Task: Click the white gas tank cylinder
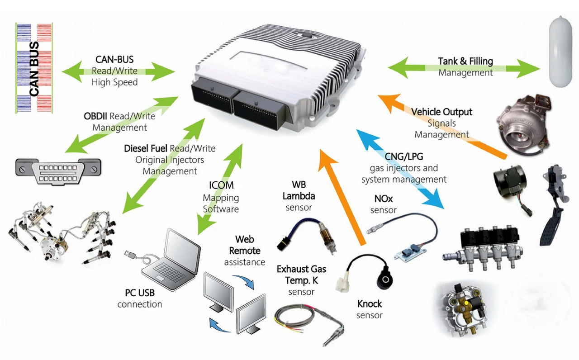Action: (x=560, y=52)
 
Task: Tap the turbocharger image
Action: (x=524, y=125)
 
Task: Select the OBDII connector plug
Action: (x=58, y=171)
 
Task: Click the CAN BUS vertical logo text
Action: (x=34, y=68)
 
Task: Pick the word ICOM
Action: (x=221, y=185)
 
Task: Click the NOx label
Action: (x=384, y=199)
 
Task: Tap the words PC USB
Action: (x=140, y=293)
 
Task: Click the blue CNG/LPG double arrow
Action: (x=400, y=169)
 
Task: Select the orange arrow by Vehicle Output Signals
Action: (x=442, y=127)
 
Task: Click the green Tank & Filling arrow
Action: (x=464, y=68)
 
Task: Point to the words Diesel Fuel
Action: (x=146, y=149)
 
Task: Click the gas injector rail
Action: (x=482, y=249)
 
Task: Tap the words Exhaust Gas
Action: (x=301, y=269)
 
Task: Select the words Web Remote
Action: (x=245, y=245)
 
